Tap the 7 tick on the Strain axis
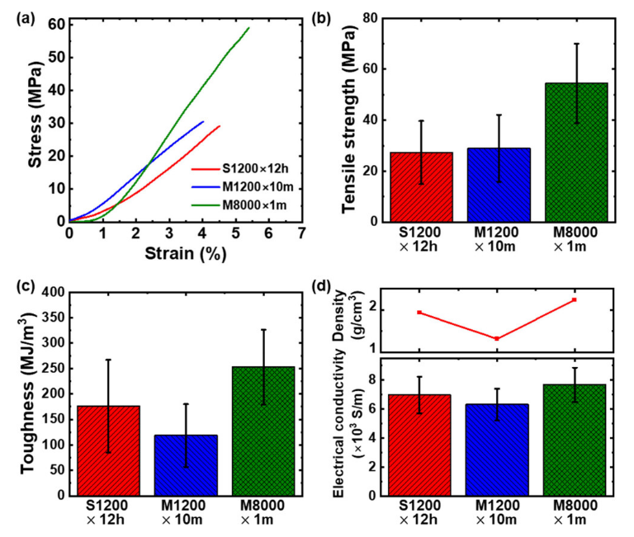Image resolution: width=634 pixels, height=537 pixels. point(302,233)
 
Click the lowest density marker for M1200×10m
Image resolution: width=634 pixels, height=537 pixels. point(497,339)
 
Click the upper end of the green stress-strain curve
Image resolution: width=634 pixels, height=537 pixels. point(248,28)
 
